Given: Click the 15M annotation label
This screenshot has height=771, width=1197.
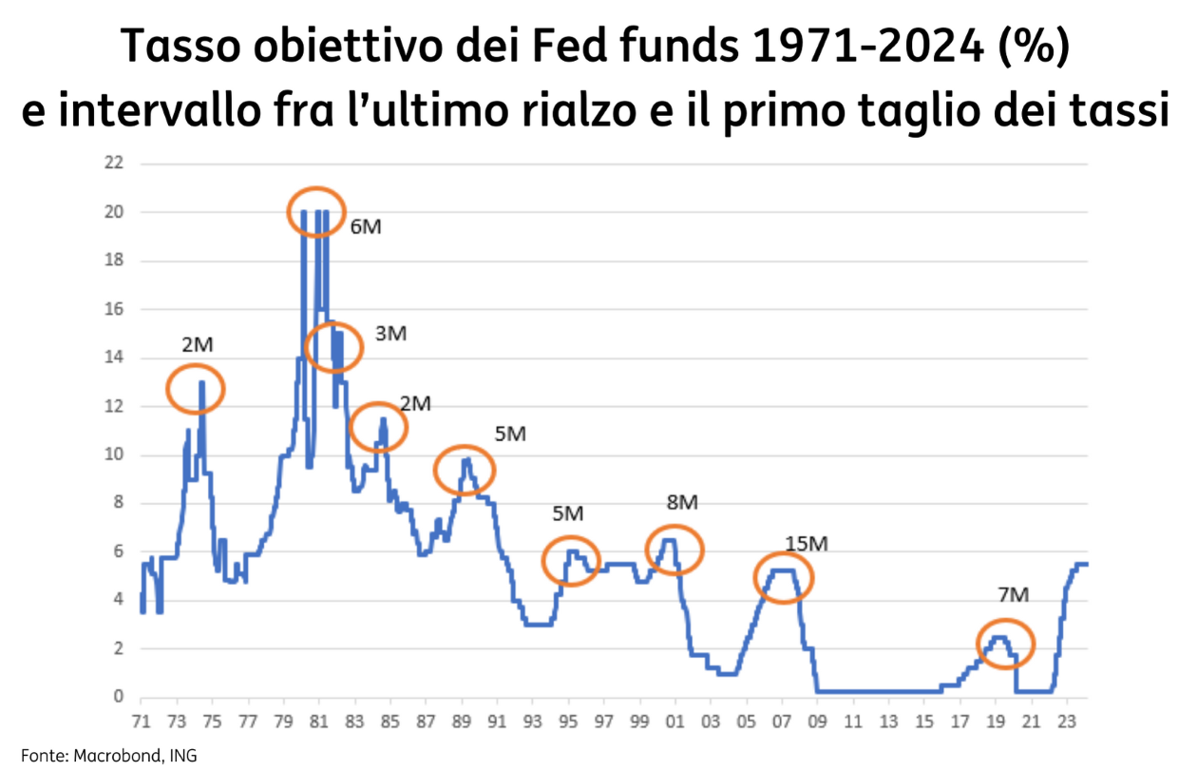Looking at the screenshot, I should click(x=807, y=544).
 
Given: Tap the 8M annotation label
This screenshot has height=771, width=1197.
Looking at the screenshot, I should click(x=682, y=503).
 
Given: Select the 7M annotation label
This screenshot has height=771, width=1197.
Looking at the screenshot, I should click(x=1014, y=595).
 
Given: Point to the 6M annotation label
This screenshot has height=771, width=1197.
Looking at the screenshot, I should click(x=366, y=227).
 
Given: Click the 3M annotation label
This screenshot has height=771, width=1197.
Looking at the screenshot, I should click(x=390, y=334).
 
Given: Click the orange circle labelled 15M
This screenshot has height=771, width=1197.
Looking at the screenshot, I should click(x=784, y=577).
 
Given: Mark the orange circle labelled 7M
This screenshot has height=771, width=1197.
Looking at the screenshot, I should click(x=1005, y=643).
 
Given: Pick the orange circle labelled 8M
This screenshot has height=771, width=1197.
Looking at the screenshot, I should click(x=674, y=549).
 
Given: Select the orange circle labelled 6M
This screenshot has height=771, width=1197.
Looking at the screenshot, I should click(x=316, y=212).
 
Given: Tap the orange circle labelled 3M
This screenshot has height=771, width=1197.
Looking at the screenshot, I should click(x=333, y=346).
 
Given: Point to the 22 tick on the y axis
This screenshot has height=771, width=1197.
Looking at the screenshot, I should click(x=114, y=164).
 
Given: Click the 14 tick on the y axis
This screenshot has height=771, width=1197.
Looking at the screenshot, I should click(x=114, y=358).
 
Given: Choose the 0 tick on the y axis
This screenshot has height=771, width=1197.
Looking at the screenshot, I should click(x=118, y=697).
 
